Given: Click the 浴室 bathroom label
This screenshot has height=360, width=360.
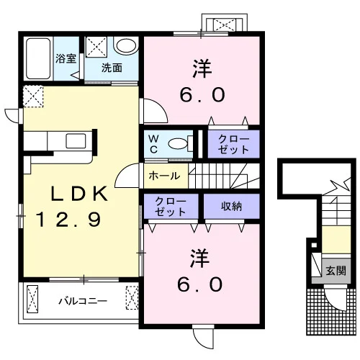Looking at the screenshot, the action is (66, 58).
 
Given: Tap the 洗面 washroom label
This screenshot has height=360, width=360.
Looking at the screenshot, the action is (112, 68).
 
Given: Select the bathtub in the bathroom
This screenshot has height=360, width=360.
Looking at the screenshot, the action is (38, 59).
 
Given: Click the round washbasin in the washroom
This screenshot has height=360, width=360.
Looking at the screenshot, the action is (126, 45).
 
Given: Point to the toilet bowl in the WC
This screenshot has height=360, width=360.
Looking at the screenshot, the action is (178, 144).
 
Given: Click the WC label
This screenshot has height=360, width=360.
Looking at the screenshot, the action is (153, 144).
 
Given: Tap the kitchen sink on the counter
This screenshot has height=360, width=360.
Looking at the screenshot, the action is (76, 141).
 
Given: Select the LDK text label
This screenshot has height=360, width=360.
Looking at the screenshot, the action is (79, 194).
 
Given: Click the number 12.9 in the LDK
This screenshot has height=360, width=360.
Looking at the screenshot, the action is (68, 220).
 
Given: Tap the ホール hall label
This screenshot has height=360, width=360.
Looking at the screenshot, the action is (164, 176).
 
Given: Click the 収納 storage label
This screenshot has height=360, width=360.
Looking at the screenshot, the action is (231, 206).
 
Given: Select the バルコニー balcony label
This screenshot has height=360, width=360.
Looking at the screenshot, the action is (83, 301).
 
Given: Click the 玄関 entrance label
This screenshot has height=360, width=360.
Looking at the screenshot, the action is (336, 271).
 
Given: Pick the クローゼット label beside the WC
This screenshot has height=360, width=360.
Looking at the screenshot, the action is (233, 144).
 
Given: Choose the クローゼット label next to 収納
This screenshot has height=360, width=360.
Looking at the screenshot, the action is (171, 207).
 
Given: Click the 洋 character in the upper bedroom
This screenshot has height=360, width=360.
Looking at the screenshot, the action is (202, 69).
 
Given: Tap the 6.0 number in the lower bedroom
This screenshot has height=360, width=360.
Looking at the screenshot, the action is (200, 284).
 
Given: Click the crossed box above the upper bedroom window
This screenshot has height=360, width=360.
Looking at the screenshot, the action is (225, 25).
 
